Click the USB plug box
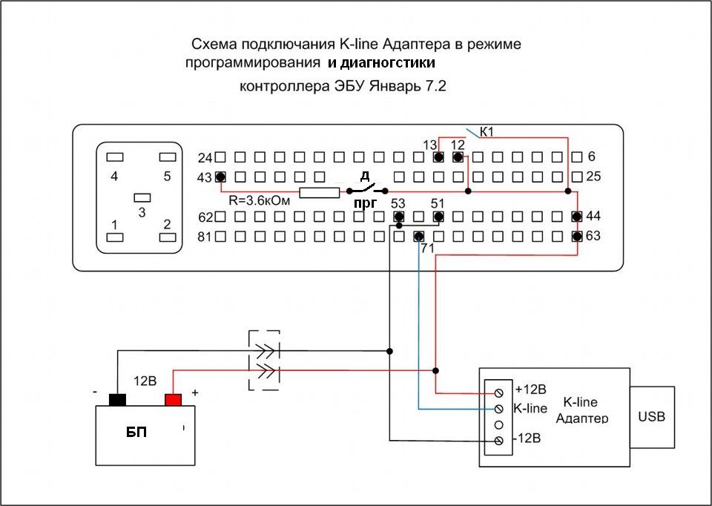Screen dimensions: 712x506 652,417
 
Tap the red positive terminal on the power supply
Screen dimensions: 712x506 173,400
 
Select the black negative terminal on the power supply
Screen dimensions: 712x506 117,400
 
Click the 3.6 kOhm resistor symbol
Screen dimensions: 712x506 320,193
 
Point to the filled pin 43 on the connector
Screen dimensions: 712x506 220,177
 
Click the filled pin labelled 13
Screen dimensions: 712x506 438,157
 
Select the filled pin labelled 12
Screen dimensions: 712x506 458,157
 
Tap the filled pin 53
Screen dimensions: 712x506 399,216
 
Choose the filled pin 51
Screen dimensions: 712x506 438,216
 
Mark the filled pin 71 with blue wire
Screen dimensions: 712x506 418,236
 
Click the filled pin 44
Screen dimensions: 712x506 577,216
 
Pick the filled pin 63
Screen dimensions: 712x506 577,236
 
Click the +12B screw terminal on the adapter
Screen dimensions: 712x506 498,392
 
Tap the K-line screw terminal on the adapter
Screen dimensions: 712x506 498,409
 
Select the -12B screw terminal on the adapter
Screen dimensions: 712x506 498,441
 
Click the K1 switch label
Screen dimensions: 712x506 487,132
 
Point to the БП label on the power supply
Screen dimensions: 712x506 136,433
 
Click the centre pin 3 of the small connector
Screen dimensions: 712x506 142,198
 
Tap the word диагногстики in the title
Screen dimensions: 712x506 388,62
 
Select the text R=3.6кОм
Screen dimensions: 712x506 259,200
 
